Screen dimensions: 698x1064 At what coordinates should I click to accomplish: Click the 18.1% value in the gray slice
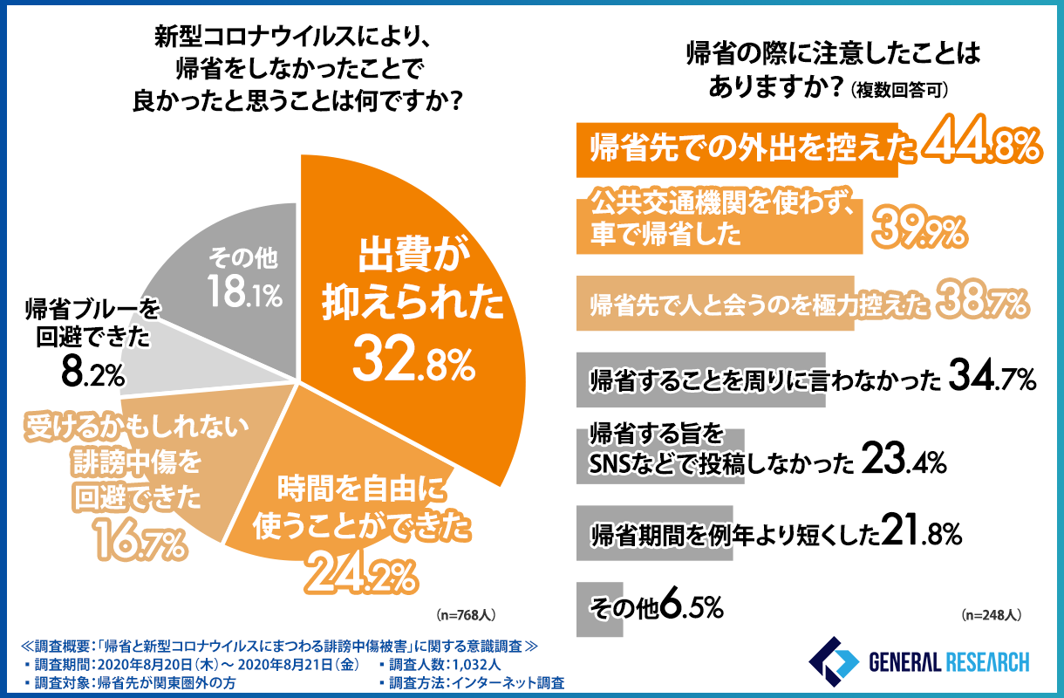tap(243, 293)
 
